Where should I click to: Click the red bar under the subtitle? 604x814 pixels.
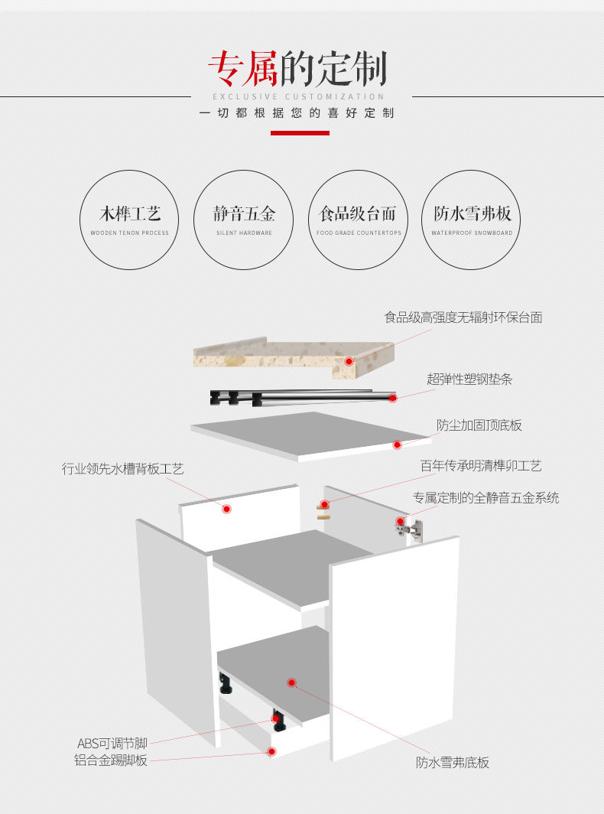300,133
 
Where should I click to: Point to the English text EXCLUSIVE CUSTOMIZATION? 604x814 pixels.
298,96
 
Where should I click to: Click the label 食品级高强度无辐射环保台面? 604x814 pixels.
463,317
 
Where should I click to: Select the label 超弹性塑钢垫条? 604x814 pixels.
469,379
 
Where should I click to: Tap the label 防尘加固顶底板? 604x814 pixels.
479,425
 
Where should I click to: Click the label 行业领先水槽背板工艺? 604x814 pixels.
123,469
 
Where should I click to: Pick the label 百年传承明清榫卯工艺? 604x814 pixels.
481,466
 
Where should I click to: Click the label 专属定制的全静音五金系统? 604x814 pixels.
485,498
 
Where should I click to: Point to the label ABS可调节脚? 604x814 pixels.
112,744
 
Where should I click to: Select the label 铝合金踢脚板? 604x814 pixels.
111,760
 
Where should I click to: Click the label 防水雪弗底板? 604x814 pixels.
453,762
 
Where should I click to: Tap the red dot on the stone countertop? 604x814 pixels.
349,361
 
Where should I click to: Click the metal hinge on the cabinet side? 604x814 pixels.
409,529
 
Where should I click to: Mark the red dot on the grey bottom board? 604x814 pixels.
291,682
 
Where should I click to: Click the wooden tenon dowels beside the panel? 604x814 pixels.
323,511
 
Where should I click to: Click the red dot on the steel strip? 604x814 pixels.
393,398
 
